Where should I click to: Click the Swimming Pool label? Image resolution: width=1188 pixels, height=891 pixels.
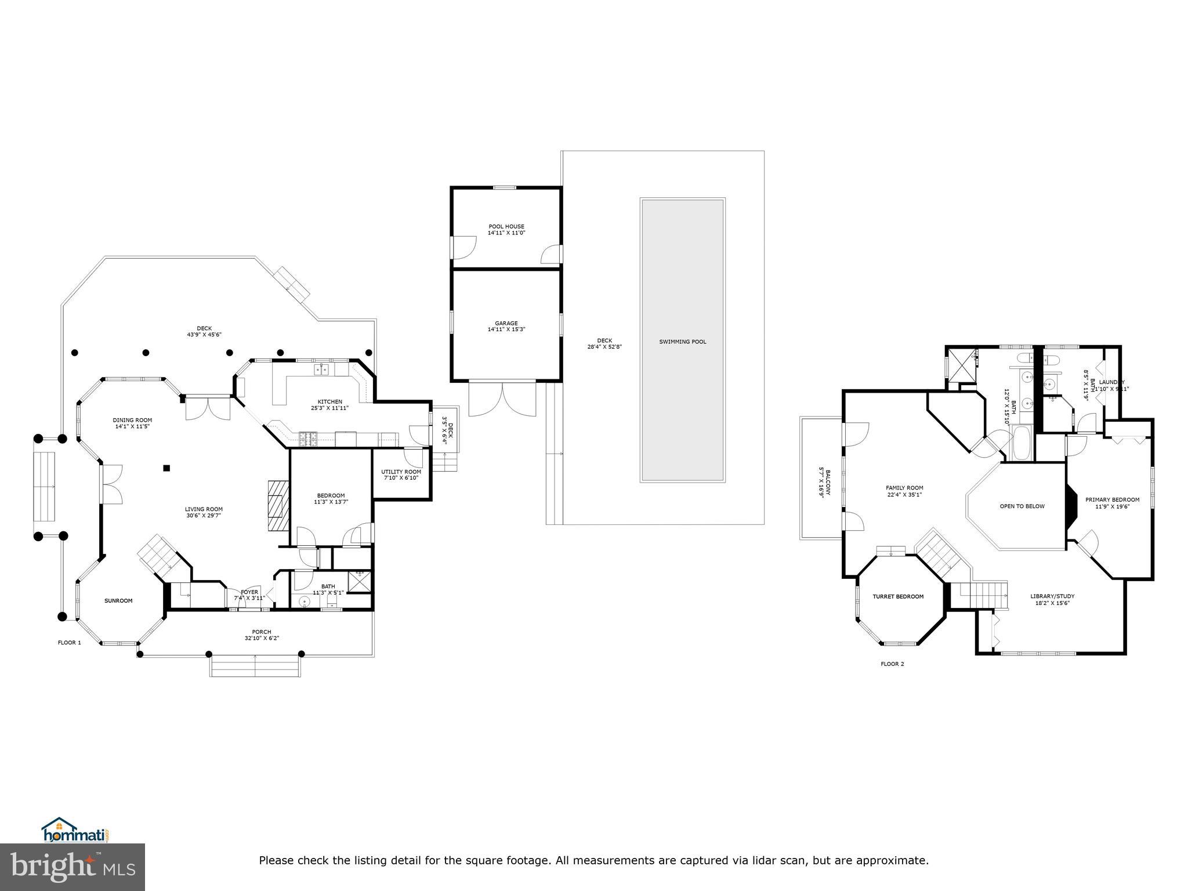pyautogui.click(x=682, y=342)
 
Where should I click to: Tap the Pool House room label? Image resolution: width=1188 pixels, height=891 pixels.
pyautogui.click(x=506, y=227)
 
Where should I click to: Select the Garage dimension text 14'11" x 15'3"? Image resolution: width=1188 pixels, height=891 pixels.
pyautogui.click(x=506, y=329)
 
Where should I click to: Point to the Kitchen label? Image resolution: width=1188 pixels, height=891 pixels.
pyautogui.click(x=329, y=401)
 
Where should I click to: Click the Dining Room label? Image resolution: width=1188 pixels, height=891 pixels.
pyautogui.click(x=132, y=420)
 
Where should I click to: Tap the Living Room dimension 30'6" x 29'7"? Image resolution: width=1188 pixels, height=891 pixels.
pyautogui.click(x=204, y=515)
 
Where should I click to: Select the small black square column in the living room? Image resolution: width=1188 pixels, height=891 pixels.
pyautogui.click(x=166, y=468)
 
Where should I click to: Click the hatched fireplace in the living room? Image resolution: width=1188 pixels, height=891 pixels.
pyautogui.click(x=278, y=505)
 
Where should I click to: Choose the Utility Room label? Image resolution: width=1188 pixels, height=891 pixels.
pyautogui.click(x=401, y=472)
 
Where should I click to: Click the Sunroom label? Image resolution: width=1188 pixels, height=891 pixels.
pyautogui.click(x=118, y=600)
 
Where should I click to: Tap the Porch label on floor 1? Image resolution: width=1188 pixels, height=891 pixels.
pyautogui.click(x=262, y=632)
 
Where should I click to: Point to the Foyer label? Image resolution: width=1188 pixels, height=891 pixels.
pyautogui.click(x=249, y=592)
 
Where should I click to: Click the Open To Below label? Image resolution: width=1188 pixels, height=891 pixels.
pyautogui.click(x=1022, y=506)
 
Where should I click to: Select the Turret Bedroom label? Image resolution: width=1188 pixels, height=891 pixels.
pyautogui.click(x=898, y=596)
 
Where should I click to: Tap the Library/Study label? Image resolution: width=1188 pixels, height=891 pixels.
pyautogui.click(x=1052, y=596)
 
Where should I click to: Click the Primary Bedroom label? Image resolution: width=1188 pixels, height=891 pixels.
pyautogui.click(x=1112, y=499)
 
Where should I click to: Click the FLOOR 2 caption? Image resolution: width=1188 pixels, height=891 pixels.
pyautogui.click(x=892, y=664)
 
